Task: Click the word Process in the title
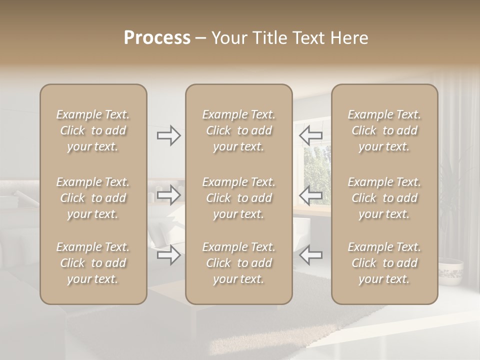[x=157, y=38]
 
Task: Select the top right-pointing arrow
[x=168, y=135]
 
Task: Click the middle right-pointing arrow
[x=168, y=195]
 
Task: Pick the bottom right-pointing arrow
[x=168, y=255]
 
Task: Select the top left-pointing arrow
[x=310, y=135]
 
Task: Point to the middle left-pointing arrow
[x=310, y=195]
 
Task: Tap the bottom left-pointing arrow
[x=310, y=255]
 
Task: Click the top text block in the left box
[x=93, y=130]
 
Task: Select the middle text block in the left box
[x=93, y=198]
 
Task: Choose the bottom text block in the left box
[x=93, y=263]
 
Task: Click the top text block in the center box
[x=239, y=130]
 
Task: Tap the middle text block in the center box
[x=239, y=198]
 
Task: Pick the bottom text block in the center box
[x=239, y=263]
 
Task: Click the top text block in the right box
[x=384, y=130]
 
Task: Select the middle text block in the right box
[x=384, y=198]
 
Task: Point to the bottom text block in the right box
[x=384, y=263]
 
